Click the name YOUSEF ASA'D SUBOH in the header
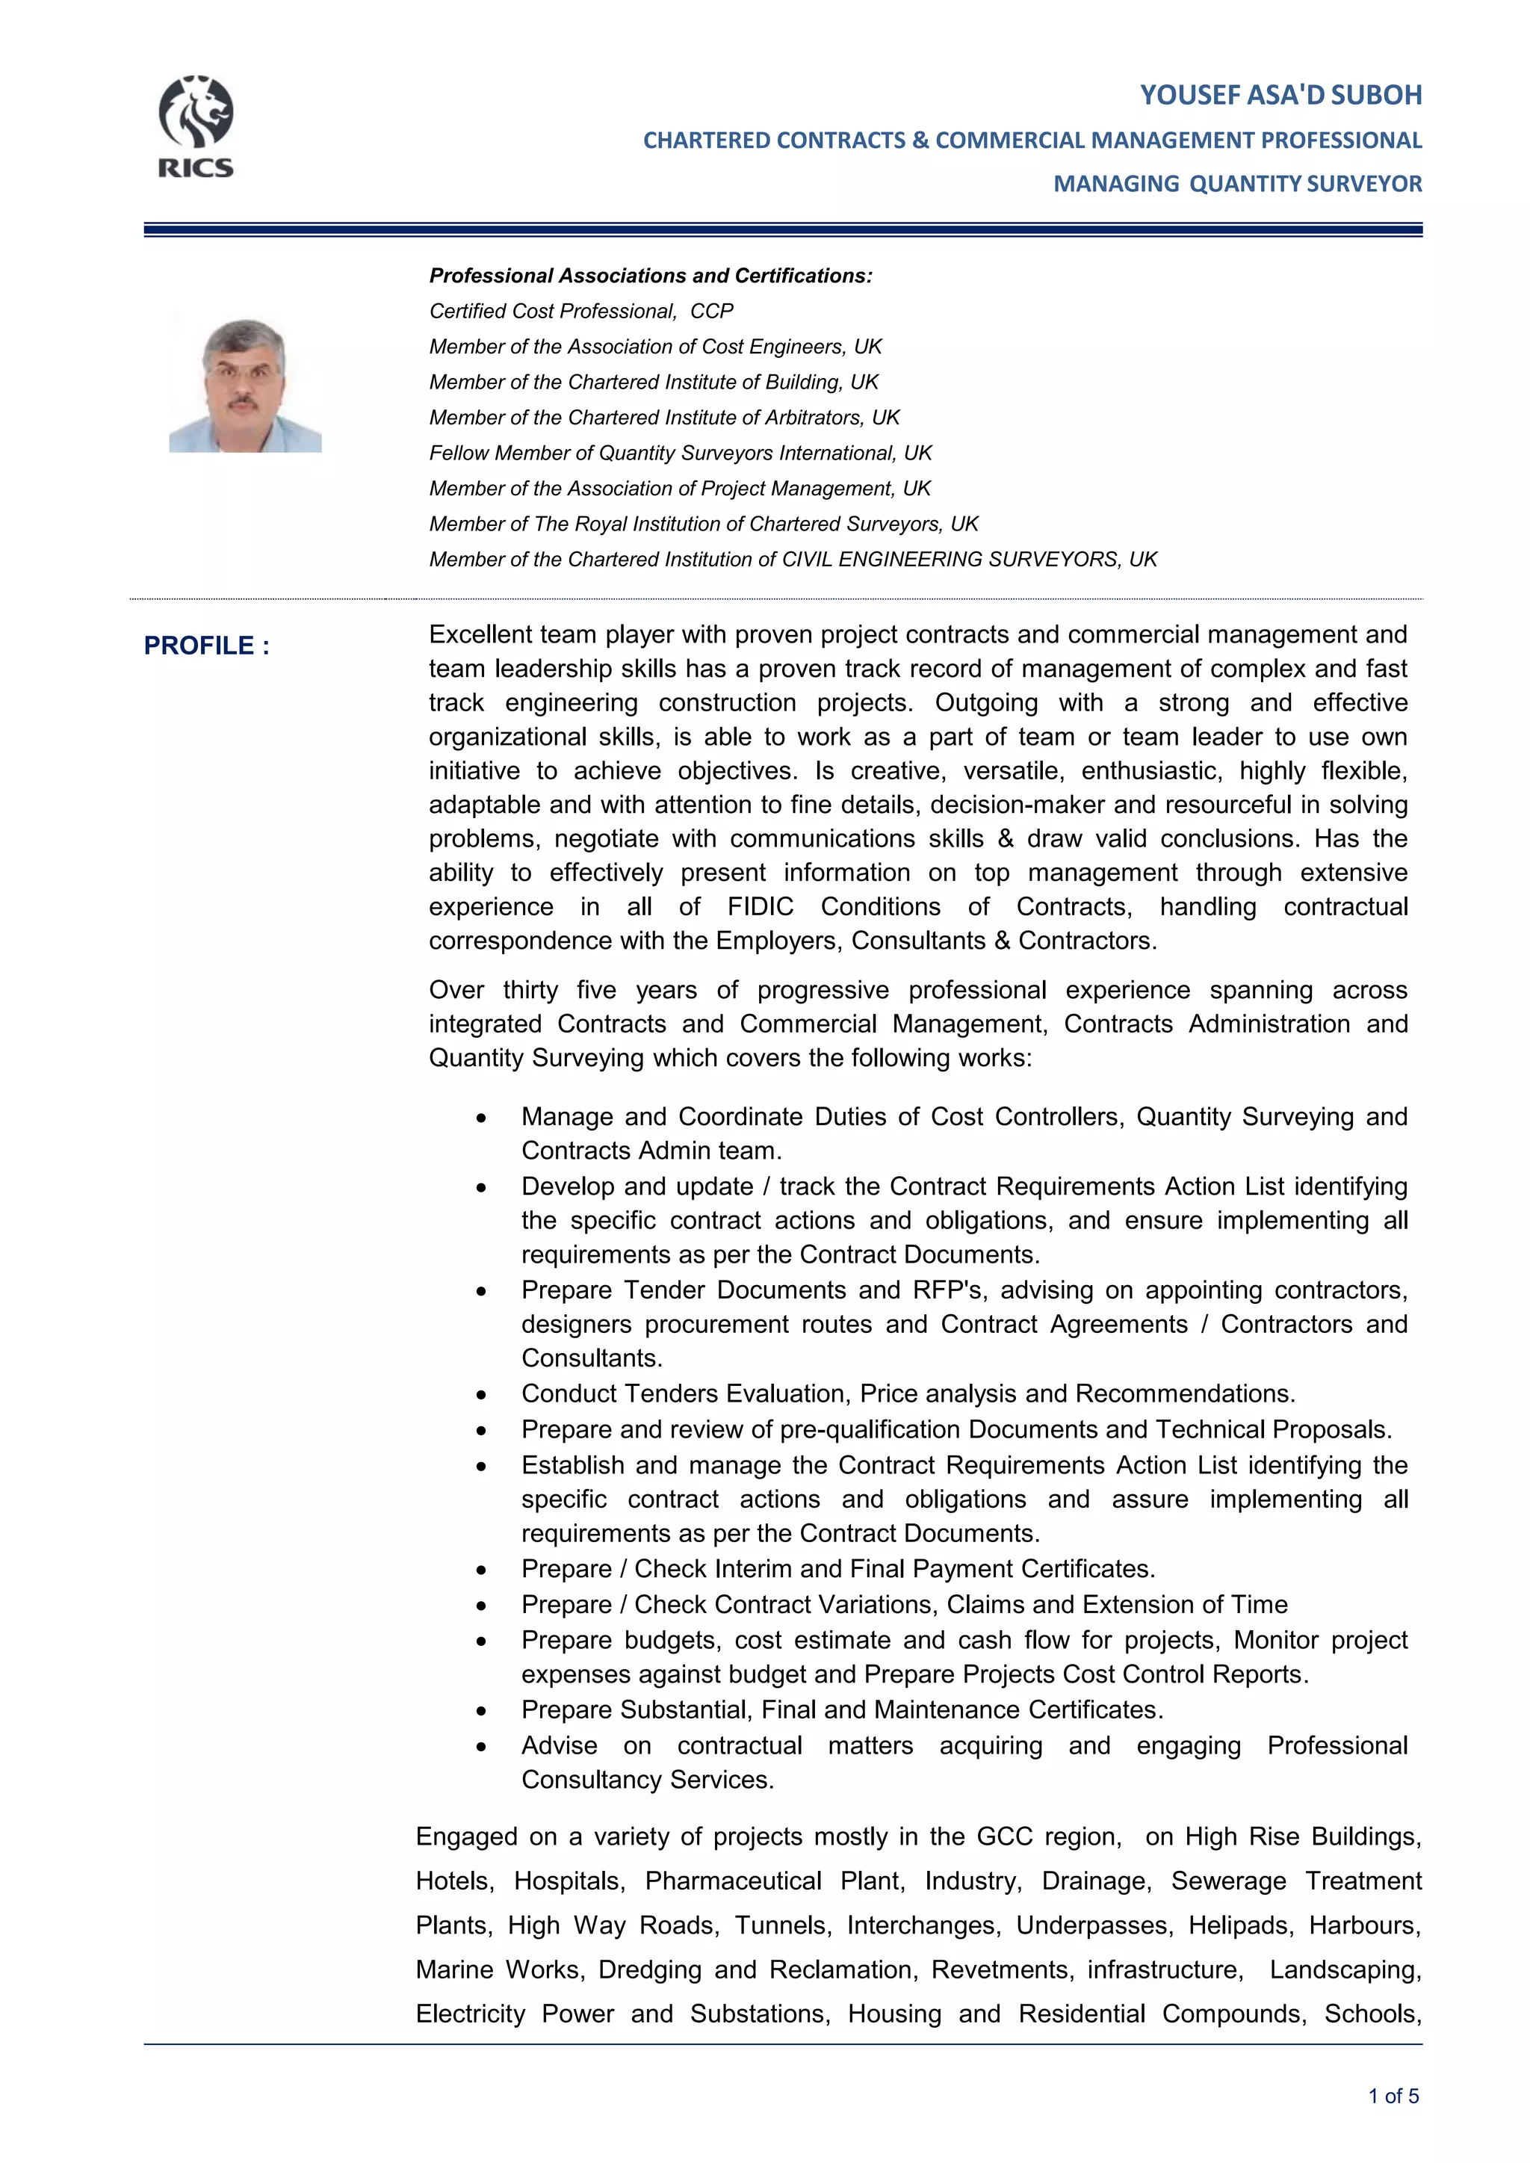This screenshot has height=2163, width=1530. coord(1280,95)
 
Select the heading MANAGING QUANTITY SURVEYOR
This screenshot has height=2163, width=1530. coord(1237,184)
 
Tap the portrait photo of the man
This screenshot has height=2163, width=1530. coord(245,386)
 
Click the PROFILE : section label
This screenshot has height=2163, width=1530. coord(206,646)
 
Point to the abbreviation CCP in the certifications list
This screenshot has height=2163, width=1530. coord(711,311)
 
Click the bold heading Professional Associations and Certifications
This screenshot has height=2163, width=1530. coord(650,276)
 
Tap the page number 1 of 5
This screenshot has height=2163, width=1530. coord(1393,2096)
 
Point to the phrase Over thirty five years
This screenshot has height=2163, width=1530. coord(563,990)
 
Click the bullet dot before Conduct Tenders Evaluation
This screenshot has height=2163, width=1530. coord(481,1395)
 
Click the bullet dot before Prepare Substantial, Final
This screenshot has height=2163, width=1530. coord(481,1711)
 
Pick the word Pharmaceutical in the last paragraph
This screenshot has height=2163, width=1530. coord(733,1881)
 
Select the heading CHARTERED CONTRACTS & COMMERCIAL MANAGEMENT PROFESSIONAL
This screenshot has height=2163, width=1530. coord(1032,140)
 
